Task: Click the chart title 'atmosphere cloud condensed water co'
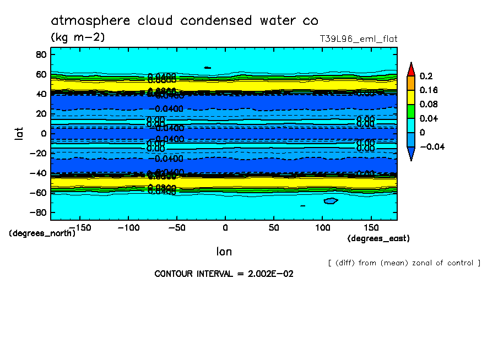tap(185, 21)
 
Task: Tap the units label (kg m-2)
tap(78, 37)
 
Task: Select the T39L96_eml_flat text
tap(358, 39)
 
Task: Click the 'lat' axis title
tap(19, 133)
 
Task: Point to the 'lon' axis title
tap(224, 252)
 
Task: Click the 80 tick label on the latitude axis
tap(40, 54)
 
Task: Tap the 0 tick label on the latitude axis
tap(42, 133)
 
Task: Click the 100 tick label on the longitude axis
tap(322, 227)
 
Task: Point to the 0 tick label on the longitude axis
tap(225, 227)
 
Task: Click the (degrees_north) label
tap(42, 233)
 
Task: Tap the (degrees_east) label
tap(378, 238)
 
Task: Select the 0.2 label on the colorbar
tap(425, 76)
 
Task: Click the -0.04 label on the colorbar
tap(431, 146)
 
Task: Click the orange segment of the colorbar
tap(410, 83)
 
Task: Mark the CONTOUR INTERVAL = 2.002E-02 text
tap(224, 274)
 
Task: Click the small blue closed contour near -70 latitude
tap(331, 201)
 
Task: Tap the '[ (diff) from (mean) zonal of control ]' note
tap(404, 263)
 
